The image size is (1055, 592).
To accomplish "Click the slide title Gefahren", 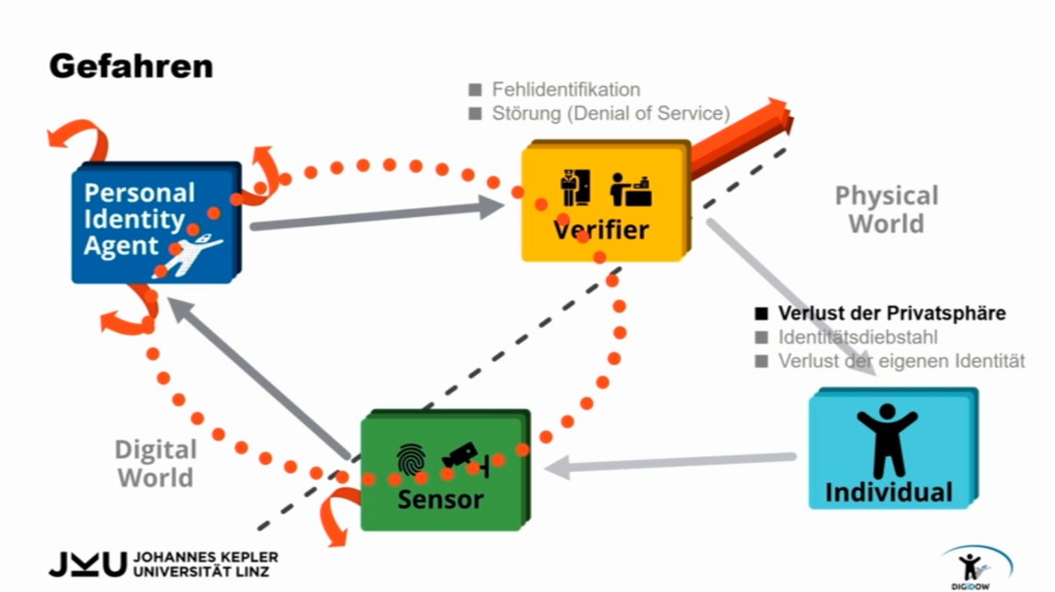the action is point(131,67).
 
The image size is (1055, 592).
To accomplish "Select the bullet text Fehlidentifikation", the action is point(566,90).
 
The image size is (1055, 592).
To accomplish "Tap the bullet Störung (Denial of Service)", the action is point(611,113).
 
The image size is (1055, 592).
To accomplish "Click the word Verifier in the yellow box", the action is point(601,230).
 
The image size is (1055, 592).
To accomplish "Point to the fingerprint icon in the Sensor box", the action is point(411,458).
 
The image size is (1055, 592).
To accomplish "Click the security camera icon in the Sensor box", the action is point(465,458).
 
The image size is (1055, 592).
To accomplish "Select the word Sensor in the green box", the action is point(440,499).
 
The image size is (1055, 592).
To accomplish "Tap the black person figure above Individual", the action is point(887,440).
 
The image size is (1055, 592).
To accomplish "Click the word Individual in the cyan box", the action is point(889,492).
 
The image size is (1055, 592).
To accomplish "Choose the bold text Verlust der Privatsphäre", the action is point(892,313).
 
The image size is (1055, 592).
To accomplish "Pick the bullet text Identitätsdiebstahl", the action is point(858,337).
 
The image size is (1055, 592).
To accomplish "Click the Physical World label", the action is point(887,209).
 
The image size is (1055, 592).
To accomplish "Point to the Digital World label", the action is point(156,464).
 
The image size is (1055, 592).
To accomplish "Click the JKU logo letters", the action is point(88,564).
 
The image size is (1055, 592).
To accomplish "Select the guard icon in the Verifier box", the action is point(575,187).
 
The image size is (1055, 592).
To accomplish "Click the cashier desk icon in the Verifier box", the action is point(631,190).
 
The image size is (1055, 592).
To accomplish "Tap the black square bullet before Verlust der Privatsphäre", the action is point(761,314).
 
